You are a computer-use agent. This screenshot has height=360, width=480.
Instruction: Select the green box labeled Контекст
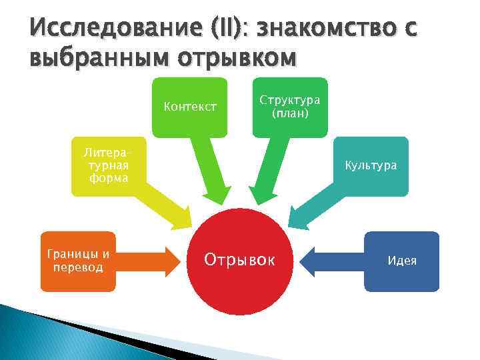click(190, 106)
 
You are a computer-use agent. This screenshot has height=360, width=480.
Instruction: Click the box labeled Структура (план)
click(289, 106)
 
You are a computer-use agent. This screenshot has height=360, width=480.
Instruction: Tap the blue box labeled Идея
click(401, 261)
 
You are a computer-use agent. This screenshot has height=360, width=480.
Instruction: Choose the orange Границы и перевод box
click(78, 261)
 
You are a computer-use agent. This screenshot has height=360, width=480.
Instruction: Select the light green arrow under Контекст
click(210, 173)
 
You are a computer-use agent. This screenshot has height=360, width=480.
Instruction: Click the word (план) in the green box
click(289, 113)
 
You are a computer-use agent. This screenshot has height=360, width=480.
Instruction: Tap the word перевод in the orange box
click(78, 267)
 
